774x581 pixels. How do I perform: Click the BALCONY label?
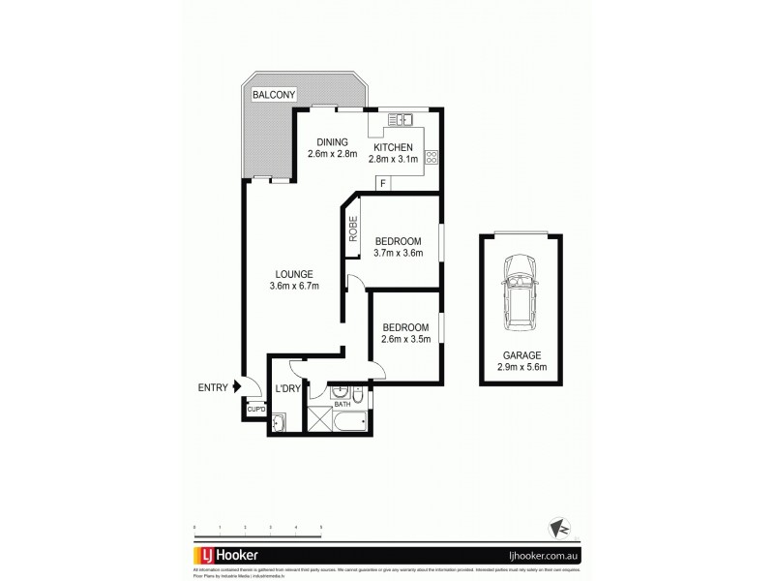274,95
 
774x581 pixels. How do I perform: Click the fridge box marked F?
384,182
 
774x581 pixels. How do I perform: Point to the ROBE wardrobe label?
354,230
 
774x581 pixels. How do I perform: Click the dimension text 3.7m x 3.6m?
398,254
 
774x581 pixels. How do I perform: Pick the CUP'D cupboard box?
255,409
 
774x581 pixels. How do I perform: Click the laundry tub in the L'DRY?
280,422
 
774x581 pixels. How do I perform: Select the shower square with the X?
319,418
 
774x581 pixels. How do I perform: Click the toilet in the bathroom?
358,397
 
